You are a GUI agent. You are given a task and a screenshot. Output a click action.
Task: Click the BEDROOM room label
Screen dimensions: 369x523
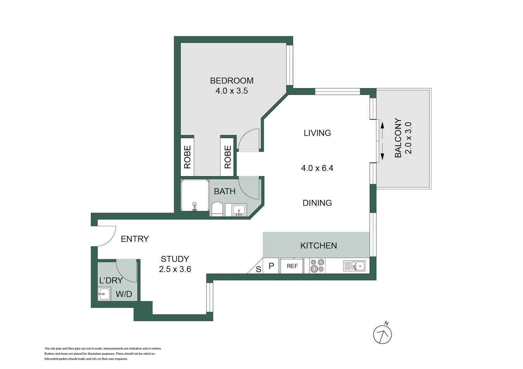click(232, 81)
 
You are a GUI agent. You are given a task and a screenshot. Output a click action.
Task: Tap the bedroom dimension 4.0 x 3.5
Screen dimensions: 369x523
click(232, 91)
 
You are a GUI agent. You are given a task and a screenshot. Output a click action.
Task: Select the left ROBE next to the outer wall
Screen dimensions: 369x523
click(187, 157)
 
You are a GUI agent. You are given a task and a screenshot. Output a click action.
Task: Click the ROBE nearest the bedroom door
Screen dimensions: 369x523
click(228, 157)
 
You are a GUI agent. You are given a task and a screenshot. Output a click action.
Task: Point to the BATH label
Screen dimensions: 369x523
click(225, 191)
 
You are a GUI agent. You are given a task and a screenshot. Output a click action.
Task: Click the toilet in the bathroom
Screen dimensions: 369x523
click(217, 209)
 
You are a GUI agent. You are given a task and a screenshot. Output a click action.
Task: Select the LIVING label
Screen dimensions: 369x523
click(317, 133)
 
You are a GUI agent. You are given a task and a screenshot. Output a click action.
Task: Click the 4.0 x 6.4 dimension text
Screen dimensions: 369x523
click(317, 168)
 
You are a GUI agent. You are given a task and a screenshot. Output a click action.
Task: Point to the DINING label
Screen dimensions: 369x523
click(317, 203)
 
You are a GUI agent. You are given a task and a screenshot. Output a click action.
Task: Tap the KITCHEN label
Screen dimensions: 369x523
click(319, 246)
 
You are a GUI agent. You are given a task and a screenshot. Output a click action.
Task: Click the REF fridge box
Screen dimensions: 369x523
click(292, 266)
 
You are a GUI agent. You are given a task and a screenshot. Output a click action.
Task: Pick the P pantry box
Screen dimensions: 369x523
click(271, 266)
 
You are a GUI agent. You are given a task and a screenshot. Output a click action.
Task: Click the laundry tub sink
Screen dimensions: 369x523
click(104, 294)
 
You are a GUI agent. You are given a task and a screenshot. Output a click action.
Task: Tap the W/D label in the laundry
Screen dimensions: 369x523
click(124, 294)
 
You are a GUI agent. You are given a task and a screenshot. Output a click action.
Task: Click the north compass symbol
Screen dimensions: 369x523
click(382, 334)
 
